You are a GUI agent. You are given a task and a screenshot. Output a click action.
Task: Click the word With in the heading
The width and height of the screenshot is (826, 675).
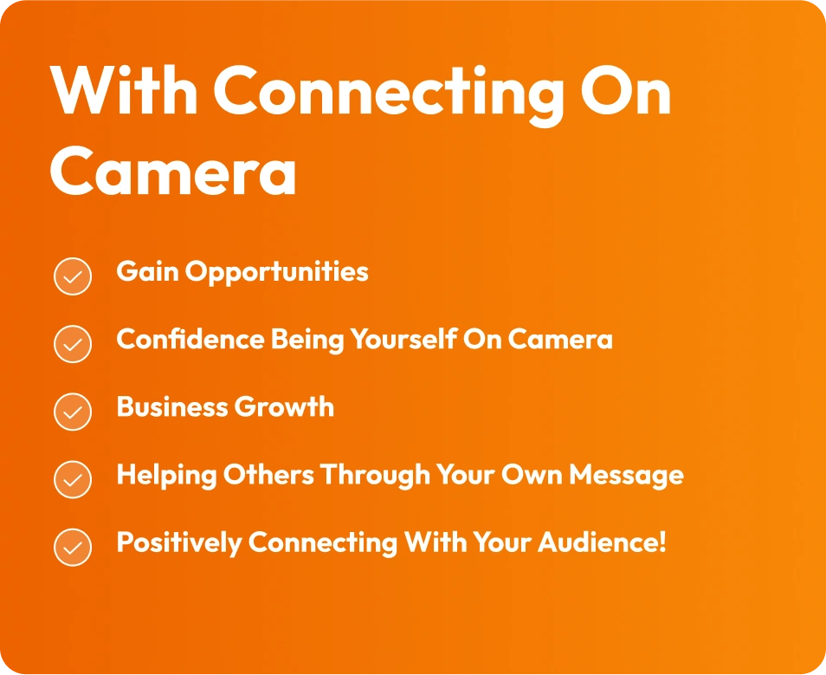[x=125, y=89]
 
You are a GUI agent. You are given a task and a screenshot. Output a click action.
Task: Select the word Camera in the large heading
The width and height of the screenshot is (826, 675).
[x=173, y=171]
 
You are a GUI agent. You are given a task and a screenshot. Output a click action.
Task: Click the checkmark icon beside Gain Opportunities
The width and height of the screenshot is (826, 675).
[x=73, y=276]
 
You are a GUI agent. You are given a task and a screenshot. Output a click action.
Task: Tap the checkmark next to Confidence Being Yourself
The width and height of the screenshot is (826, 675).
[x=73, y=344]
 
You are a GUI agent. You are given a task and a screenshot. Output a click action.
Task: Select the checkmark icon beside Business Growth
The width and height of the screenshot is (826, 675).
[x=73, y=412]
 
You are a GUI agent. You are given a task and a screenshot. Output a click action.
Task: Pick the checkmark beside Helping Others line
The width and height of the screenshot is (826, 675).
[x=73, y=479]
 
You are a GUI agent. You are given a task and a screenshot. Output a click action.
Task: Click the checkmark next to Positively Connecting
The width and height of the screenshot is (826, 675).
[x=73, y=547]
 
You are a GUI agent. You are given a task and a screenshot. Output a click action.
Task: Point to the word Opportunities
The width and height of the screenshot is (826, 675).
[x=276, y=273]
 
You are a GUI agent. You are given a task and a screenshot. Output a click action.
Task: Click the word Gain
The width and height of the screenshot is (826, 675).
[x=147, y=271]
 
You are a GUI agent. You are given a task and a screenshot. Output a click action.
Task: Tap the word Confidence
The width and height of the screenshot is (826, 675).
[x=190, y=339]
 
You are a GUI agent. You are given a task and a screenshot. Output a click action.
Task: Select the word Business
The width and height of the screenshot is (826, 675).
[x=171, y=406]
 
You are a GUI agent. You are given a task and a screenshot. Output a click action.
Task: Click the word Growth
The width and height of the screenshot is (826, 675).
[x=284, y=406]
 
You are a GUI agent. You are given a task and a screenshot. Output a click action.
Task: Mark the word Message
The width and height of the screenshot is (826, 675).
[x=626, y=475]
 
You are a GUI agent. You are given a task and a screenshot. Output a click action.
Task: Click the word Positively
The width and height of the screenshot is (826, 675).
[x=179, y=542]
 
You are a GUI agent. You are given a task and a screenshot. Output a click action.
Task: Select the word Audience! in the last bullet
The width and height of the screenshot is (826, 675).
[x=602, y=542]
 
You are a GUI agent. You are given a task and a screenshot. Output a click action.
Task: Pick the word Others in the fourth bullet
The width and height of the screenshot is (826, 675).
[x=268, y=474]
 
